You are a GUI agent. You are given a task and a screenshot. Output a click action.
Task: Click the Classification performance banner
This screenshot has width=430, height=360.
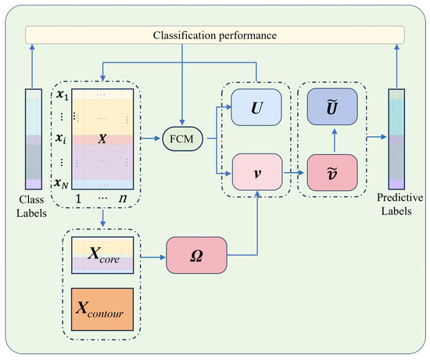coord(215,35)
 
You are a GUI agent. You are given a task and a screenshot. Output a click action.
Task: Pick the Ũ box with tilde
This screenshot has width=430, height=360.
coord(331,104)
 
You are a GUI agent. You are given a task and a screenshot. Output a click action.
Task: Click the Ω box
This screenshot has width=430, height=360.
coord(195,256)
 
